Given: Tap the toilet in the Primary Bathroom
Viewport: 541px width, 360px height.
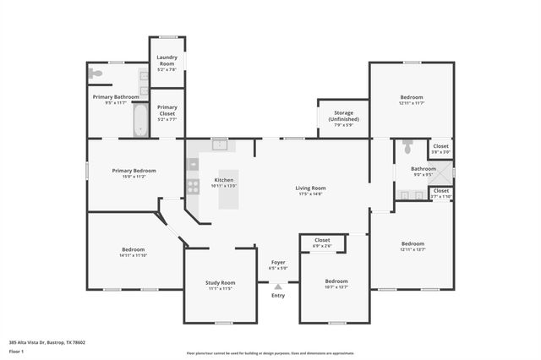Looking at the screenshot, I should (96, 74).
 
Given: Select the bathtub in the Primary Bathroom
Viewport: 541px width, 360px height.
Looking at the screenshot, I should (140, 120).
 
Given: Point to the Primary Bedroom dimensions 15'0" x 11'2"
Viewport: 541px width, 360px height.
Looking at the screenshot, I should (134, 177).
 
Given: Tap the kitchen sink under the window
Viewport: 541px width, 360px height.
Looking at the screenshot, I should (221, 145).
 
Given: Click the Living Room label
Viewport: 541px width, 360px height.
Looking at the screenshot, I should (310, 188).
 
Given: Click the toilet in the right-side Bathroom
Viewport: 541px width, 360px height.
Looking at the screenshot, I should (407, 148).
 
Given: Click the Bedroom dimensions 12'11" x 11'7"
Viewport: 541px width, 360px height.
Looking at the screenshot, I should (412, 103).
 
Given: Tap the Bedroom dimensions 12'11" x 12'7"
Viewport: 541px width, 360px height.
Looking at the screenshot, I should (412, 249).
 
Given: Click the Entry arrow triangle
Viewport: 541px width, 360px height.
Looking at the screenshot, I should (278, 287).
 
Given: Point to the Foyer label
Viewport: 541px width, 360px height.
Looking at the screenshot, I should (278, 263).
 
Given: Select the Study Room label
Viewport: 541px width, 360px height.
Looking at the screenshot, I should (220, 283).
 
